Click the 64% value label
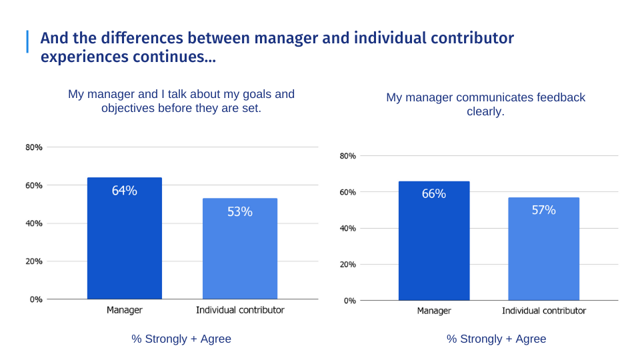tap(124, 191)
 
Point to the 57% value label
tap(543, 210)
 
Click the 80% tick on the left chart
tap(35, 147)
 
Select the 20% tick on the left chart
tap(35, 261)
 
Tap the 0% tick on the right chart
tap(349, 301)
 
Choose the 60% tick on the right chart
tap(348, 192)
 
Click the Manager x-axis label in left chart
tap(124, 310)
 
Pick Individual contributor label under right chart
tap(543, 311)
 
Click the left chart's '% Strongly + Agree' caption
tap(181, 339)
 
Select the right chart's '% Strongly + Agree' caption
tap(496, 339)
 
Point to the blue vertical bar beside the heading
tap(27, 41)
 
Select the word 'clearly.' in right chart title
tap(485, 111)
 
